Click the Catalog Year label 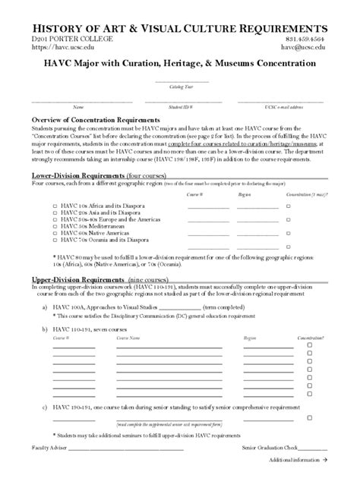pyautogui.click(x=179, y=87)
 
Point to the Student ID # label pyautogui.click(x=179, y=107)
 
